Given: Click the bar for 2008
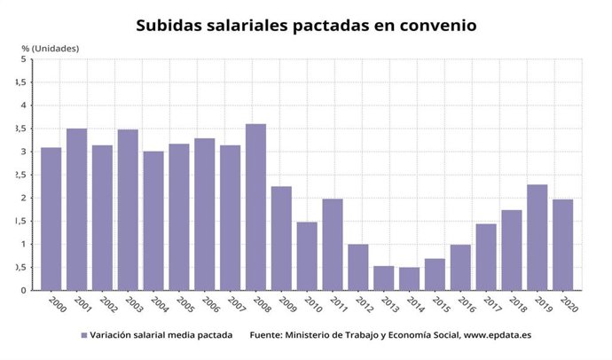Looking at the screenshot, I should [x=255, y=207].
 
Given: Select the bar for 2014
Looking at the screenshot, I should [x=409, y=278].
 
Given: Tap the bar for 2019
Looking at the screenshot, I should [x=537, y=237].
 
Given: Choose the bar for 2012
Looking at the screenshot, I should [x=357, y=267].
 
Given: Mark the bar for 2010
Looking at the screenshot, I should [x=307, y=255].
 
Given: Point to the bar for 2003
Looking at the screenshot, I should [x=128, y=209].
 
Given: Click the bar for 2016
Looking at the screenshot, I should [x=460, y=267].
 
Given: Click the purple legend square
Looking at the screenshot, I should [x=83, y=336].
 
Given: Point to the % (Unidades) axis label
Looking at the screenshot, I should [x=50, y=46].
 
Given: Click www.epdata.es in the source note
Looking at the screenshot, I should [x=492, y=336].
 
